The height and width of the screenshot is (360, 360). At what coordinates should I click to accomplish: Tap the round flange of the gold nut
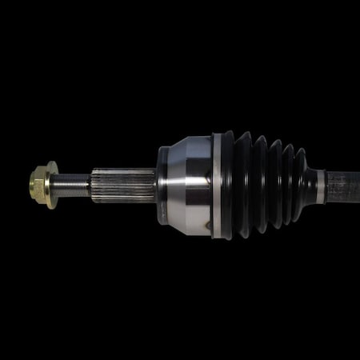pyautogui.click(x=51, y=185)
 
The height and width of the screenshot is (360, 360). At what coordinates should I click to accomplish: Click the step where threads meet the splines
pyautogui.click(x=91, y=185)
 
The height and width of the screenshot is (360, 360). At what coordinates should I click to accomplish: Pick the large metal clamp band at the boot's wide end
pyautogui.click(x=217, y=185)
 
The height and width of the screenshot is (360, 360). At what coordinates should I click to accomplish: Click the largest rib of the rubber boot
pyautogui.click(x=228, y=185)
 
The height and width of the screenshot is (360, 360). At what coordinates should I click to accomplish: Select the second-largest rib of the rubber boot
pyautogui.click(x=245, y=185)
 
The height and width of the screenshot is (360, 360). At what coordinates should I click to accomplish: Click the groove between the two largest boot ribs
pyautogui.click(x=236, y=185)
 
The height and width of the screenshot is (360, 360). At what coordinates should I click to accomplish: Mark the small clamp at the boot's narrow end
pyautogui.click(x=321, y=186)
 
